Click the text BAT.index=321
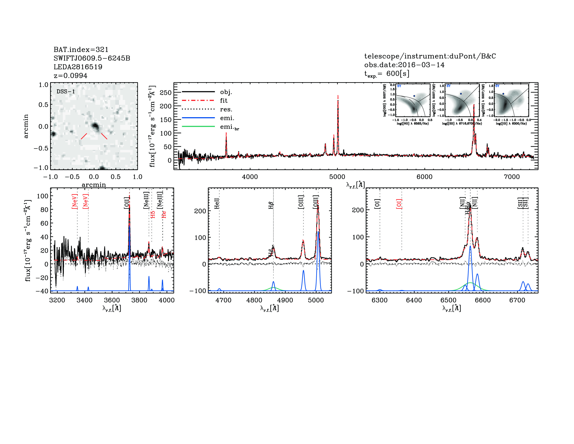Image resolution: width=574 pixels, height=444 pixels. point(81,49)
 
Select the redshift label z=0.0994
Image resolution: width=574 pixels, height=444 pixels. point(70,76)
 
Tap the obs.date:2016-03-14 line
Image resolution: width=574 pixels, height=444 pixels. point(404,65)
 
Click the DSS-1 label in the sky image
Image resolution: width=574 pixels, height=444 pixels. point(66,92)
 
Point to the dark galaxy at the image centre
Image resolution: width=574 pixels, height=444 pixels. point(95,127)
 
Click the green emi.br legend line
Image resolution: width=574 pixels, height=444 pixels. point(198,127)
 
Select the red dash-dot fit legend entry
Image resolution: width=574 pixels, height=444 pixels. point(198,100)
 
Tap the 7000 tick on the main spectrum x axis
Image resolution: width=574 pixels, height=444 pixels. point(511,177)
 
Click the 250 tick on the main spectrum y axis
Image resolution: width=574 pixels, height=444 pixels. point(166,93)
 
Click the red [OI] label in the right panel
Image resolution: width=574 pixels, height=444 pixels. point(399,204)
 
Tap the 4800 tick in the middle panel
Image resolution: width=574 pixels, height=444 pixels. point(254,300)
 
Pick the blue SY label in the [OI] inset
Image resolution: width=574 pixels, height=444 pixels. point(497,86)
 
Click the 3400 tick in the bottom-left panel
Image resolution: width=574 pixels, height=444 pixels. point(85,300)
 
